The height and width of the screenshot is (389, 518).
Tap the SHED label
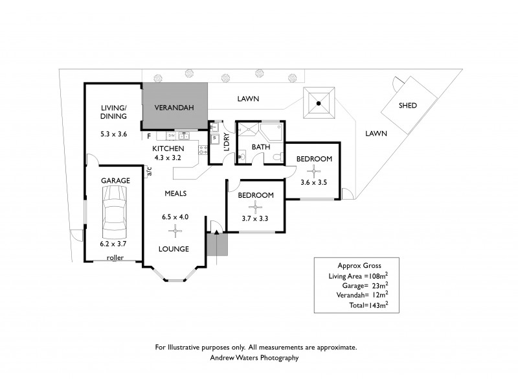(407, 105)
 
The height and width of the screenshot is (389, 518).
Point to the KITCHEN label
(168, 148)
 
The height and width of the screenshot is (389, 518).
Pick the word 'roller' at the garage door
(115, 257)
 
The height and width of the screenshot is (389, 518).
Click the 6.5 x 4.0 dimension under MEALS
(175, 217)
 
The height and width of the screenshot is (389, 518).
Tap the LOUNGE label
(175, 248)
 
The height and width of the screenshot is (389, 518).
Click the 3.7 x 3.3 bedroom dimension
(255, 218)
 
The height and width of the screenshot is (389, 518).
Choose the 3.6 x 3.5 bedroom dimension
(314, 182)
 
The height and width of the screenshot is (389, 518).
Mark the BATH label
(260, 147)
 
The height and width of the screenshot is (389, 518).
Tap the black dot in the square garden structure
(318, 102)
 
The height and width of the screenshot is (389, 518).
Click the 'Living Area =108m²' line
(358, 276)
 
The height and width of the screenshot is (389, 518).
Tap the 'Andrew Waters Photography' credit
(254, 357)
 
